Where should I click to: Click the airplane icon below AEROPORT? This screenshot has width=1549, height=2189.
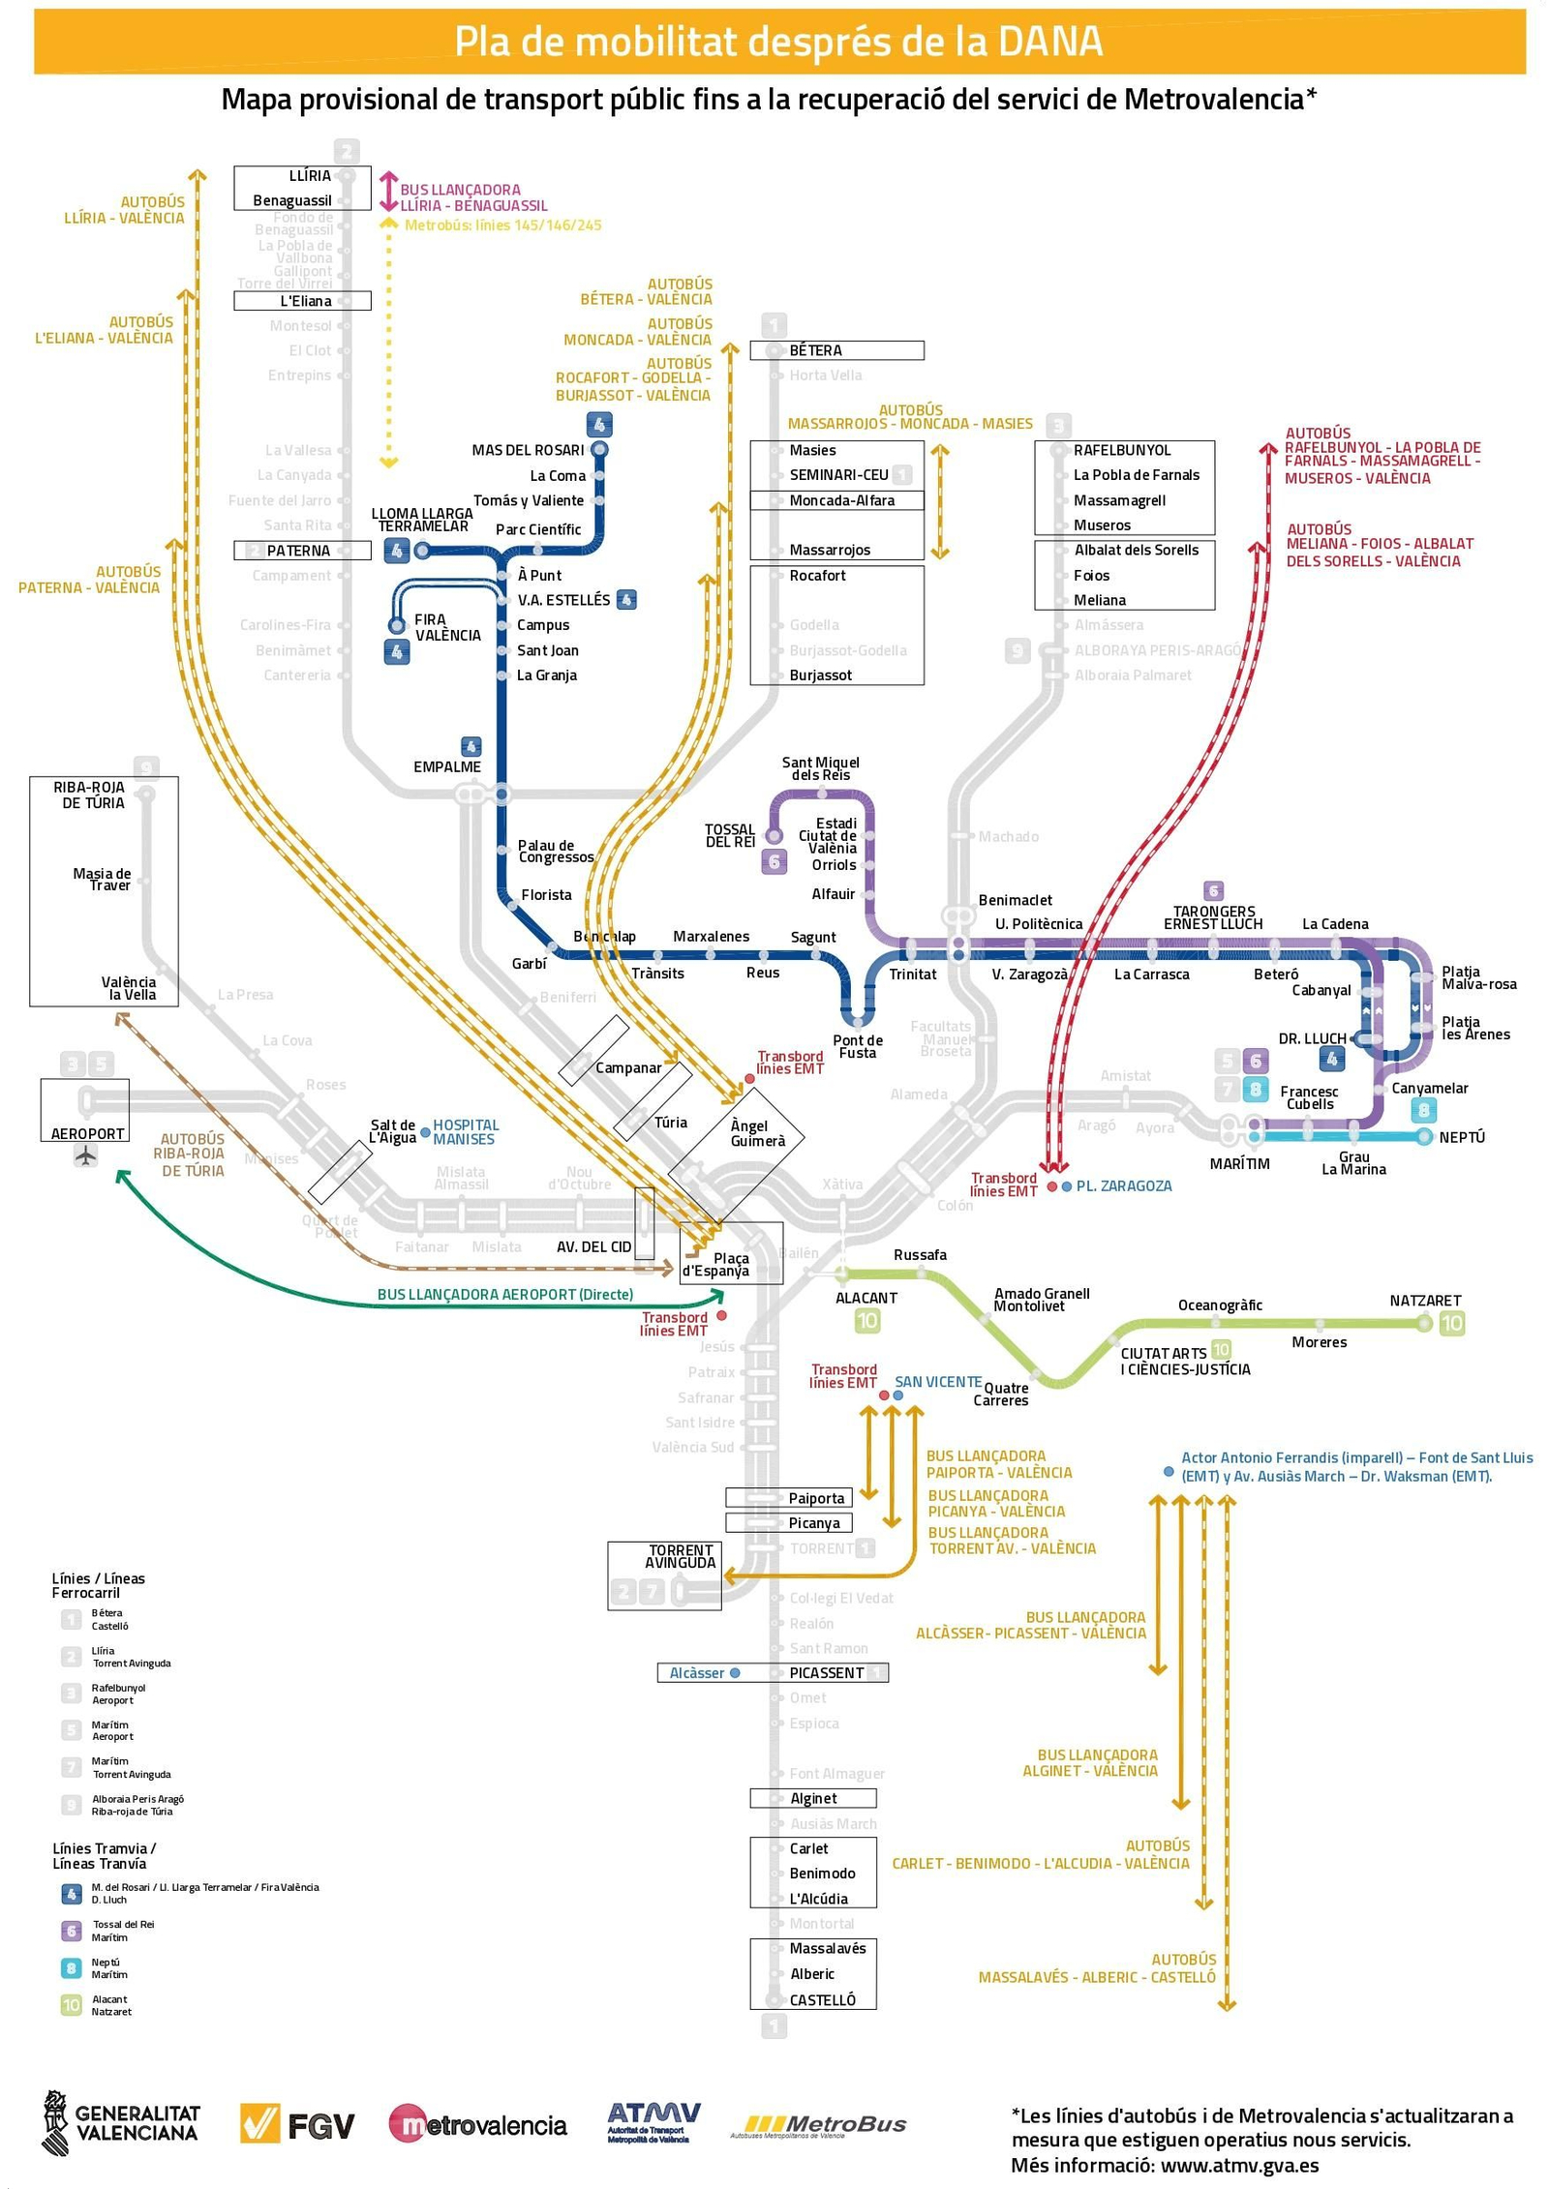(86, 1155)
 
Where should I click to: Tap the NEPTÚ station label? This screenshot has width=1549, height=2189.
(1461, 1137)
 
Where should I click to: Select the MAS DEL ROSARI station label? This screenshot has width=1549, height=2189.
(528, 450)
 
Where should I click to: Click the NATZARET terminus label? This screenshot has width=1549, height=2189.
(1425, 1301)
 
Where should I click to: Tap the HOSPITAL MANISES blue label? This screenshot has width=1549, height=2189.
(465, 1132)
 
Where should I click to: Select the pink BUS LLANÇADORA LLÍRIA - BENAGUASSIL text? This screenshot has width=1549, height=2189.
(473, 197)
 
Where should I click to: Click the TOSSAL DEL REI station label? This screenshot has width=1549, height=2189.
(729, 836)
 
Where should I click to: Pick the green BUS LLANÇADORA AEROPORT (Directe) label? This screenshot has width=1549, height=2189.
(504, 1295)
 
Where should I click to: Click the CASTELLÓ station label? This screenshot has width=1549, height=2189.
(822, 2000)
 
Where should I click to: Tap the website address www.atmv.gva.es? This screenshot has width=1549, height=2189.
(1239, 2166)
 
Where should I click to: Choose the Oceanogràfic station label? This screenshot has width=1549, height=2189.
(1219, 1305)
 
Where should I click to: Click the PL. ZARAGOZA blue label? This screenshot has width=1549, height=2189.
(1123, 1185)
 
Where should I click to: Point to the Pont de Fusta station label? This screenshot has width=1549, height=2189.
(857, 1046)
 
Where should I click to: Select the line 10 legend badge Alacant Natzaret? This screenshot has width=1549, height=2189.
(72, 2005)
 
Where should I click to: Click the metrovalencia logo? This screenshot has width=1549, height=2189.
(477, 2125)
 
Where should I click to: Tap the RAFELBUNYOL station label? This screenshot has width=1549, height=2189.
(1121, 450)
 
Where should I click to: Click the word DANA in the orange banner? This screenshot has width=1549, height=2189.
(1049, 42)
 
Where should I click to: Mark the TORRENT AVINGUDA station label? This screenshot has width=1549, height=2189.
(681, 1556)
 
